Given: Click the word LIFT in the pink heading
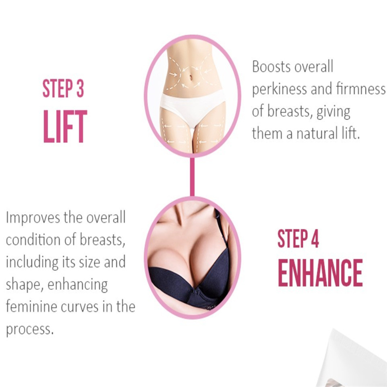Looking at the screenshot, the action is [x=65, y=126].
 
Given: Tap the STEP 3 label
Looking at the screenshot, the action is [x=63, y=89].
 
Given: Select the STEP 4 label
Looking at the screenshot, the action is [x=298, y=238].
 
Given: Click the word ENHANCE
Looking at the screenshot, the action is [x=320, y=273].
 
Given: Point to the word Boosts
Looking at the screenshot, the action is [x=271, y=67].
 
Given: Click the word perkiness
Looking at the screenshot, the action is [x=280, y=89].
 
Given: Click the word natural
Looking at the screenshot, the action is [x=317, y=134].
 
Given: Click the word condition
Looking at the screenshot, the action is [x=33, y=239].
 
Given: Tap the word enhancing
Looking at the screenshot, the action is [x=77, y=285].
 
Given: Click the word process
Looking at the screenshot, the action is [x=29, y=329].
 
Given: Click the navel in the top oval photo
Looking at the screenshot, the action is [x=191, y=77].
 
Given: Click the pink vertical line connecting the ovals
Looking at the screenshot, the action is [x=192, y=176].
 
